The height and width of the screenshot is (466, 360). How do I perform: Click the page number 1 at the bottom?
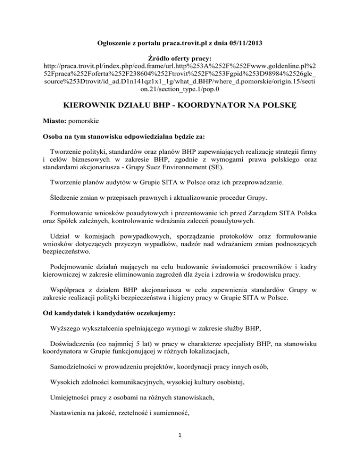(180, 447)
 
